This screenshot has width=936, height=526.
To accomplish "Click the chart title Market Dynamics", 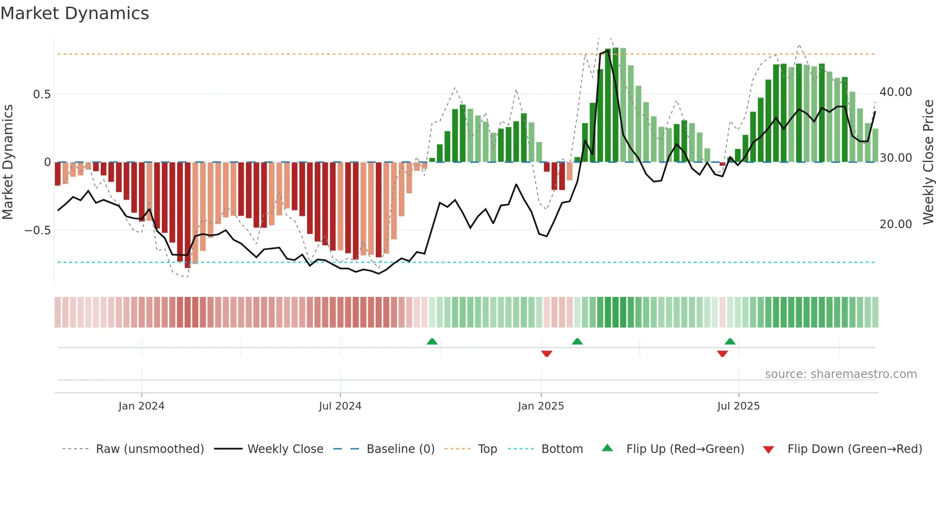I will (x=74, y=13).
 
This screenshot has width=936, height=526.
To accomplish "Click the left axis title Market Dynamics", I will (x=8, y=162).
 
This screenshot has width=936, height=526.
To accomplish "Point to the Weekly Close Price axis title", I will (x=928, y=162).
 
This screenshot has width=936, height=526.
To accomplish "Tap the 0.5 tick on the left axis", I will (x=42, y=95).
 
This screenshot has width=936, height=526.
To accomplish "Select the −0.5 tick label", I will (x=38, y=231).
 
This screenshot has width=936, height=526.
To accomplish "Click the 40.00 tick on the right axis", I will (x=895, y=92).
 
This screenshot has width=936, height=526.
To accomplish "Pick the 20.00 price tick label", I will (x=895, y=224).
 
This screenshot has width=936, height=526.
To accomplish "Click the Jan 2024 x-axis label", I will (x=141, y=406).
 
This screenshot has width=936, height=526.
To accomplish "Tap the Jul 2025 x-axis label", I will (x=738, y=406).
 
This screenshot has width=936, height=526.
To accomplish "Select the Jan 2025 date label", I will (x=541, y=406).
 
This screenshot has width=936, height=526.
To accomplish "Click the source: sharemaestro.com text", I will (x=840, y=374).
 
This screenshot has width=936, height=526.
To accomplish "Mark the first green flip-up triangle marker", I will (x=432, y=342).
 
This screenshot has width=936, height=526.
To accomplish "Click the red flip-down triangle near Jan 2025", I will (x=547, y=354).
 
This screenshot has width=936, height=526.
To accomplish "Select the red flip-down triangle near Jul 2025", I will (x=722, y=354).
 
